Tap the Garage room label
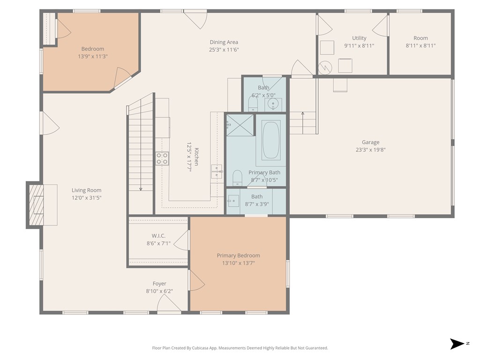pyautogui.click(x=370, y=142)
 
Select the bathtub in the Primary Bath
pyautogui.click(x=271, y=140)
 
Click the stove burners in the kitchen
pyautogui.click(x=162, y=158)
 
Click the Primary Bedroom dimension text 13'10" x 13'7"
pyautogui.click(x=238, y=263)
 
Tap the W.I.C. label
pyautogui.click(x=158, y=236)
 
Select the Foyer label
pyautogui.click(x=159, y=284)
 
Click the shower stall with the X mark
pyautogui.click(x=240, y=125)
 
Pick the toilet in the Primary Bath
pyautogui.click(x=238, y=177)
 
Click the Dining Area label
pyautogui.click(x=224, y=42)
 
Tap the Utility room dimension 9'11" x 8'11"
pyautogui.click(x=360, y=45)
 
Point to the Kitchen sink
pyautogui.click(x=217, y=172)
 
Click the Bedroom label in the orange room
pyautogui.click(x=93, y=49)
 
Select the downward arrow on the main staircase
pyautogui.click(x=141, y=188)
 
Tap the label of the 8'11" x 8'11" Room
pyautogui.click(x=420, y=38)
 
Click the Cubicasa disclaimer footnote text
pyautogui.click(x=240, y=348)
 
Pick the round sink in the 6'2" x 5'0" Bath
pyautogui.click(x=273, y=104)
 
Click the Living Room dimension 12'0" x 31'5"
pyautogui.click(x=86, y=198)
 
